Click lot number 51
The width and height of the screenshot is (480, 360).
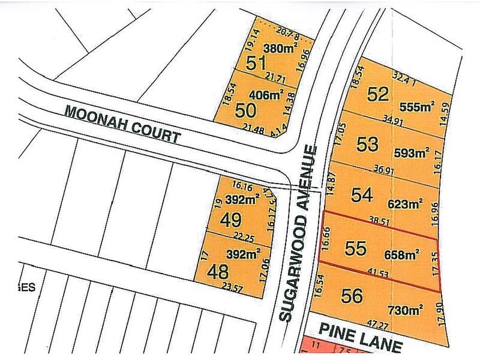coord(256,62)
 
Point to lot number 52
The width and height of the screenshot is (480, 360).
coord(379,94)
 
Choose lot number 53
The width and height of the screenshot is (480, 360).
coord(368,144)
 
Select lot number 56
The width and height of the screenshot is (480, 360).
coord(352,296)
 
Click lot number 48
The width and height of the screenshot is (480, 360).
coord(217,272)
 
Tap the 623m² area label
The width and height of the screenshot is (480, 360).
coord(405,203)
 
